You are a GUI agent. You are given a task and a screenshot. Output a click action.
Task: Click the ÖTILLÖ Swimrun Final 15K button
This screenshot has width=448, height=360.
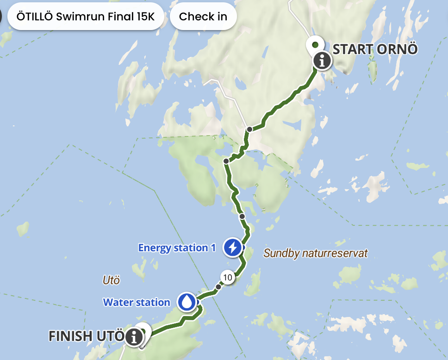tap(85, 17)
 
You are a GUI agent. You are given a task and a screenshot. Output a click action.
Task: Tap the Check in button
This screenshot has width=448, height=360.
tap(203, 17)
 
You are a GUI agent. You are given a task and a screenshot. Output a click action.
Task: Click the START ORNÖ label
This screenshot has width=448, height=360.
tap(375, 49)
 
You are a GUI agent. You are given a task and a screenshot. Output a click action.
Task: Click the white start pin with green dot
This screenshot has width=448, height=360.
tap(315, 44)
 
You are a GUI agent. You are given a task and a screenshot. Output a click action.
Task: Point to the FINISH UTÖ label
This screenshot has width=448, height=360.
tap(87, 336)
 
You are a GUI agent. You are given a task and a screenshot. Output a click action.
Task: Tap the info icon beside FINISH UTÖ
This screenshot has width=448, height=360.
tap(134, 336)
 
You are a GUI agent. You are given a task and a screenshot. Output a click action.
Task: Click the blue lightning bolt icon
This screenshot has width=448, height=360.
tap(232, 247)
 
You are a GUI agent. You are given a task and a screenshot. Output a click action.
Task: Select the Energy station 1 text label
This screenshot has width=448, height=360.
tap(177, 248)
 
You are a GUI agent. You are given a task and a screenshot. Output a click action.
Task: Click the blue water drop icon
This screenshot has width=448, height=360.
tap(187, 302)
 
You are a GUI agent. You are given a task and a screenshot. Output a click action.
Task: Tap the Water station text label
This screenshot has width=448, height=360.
tap(137, 303)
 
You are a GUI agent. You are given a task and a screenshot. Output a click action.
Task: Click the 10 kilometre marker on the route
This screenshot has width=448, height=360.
tap(227, 277)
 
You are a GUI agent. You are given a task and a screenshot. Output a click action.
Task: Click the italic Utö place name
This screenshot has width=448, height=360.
tap(111, 280)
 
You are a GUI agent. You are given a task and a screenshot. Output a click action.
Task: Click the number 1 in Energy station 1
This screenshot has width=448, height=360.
tap(213, 248)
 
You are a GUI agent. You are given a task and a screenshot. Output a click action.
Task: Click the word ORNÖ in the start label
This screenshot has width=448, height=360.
tap(398, 49)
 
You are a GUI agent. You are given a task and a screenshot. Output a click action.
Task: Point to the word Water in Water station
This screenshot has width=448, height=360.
tap(117, 303)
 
